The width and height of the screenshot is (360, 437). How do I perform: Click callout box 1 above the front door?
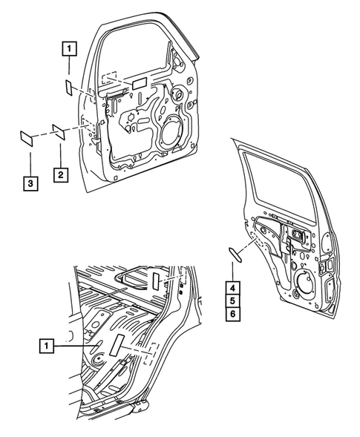pos(67,50)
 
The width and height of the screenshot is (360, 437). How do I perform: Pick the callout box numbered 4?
pos(232,288)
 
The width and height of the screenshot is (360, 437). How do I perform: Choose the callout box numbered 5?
pos(232,300)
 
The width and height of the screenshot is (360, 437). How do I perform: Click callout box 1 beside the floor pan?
pos(46,346)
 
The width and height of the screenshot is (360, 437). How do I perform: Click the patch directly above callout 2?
pos(59,131)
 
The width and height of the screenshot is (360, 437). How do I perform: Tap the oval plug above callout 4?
pos(235,254)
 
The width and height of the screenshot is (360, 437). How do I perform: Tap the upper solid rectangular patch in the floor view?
pos(157,280)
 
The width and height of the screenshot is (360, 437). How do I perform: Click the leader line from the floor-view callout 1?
pos(74,346)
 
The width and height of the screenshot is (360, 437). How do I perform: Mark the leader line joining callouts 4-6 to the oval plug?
pos(232,269)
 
